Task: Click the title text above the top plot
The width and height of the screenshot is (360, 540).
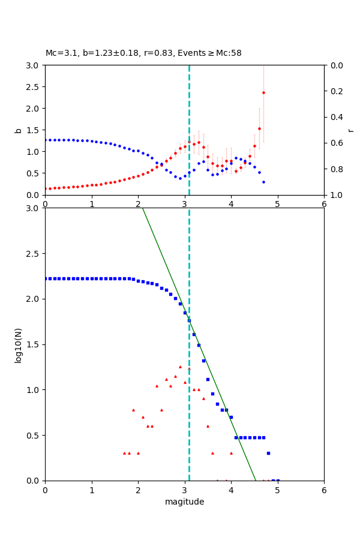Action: tap(143, 53)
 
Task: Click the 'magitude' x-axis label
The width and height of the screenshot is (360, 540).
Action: tap(184, 502)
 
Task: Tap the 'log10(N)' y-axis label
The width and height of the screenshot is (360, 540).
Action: tap(18, 344)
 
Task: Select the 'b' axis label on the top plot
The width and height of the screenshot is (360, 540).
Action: tap(18, 130)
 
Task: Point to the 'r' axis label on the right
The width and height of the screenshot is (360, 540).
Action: tap(350, 130)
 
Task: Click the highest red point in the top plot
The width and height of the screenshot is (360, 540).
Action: tap(263, 92)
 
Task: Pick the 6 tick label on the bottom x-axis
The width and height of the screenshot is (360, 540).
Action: tap(324, 491)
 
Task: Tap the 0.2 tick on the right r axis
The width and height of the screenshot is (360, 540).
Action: tap(334, 91)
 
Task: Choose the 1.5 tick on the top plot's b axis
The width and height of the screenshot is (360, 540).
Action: tap(34, 130)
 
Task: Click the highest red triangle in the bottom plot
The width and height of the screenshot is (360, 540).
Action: tap(180, 367)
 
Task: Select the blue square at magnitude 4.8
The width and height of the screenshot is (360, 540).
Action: tap(268, 453)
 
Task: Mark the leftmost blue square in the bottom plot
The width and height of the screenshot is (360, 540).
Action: tap(46, 278)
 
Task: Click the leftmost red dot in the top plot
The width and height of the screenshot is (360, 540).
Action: tap(46, 188)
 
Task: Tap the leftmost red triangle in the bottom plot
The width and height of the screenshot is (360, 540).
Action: tap(124, 453)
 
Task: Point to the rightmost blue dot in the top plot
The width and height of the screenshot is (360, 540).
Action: tap(263, 182)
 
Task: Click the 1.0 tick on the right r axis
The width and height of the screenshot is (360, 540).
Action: tap(334, 195)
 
